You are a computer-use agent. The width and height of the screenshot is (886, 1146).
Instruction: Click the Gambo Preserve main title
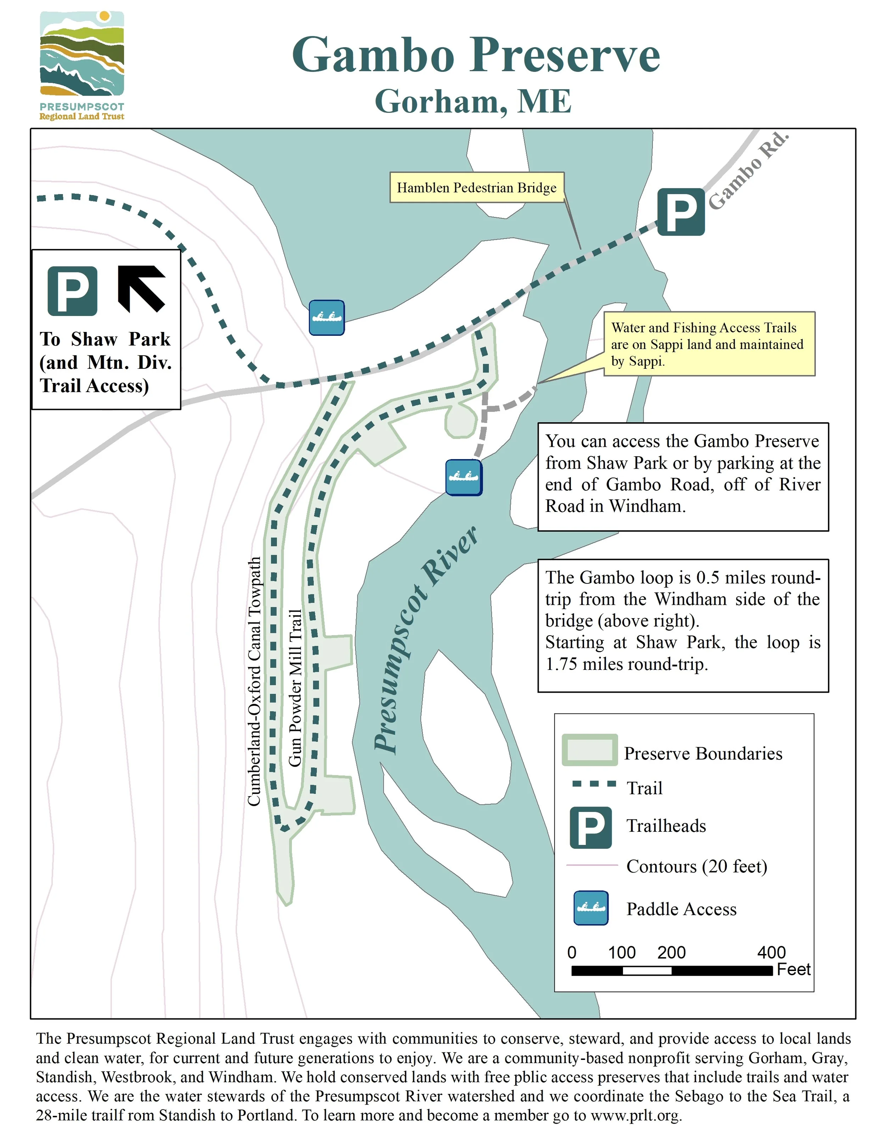click(476, 55)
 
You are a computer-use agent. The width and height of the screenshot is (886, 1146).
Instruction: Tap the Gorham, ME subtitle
click(473, 101)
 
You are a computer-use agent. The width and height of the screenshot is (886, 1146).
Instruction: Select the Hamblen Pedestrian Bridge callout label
click(477, 187)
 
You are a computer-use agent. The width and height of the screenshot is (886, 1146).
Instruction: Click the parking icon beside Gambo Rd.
click(681, 211)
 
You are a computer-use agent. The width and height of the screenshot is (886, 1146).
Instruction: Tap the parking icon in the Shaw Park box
click(72, 291)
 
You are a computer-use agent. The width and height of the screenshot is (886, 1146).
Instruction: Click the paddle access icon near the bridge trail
click(326, 317)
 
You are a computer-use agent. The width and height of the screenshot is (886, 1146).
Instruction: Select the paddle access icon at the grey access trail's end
click(464, 478)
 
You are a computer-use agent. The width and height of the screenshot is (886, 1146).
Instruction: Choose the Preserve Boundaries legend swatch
click(589, 750)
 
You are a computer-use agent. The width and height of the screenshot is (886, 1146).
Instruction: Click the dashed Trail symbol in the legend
click(594, 784)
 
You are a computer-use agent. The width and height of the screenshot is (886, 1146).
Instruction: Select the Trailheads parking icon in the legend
click(590, 828)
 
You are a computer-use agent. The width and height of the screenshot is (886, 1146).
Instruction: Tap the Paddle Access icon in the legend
click(591, 908)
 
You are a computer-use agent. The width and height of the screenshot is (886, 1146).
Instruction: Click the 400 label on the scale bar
click(771, 952)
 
